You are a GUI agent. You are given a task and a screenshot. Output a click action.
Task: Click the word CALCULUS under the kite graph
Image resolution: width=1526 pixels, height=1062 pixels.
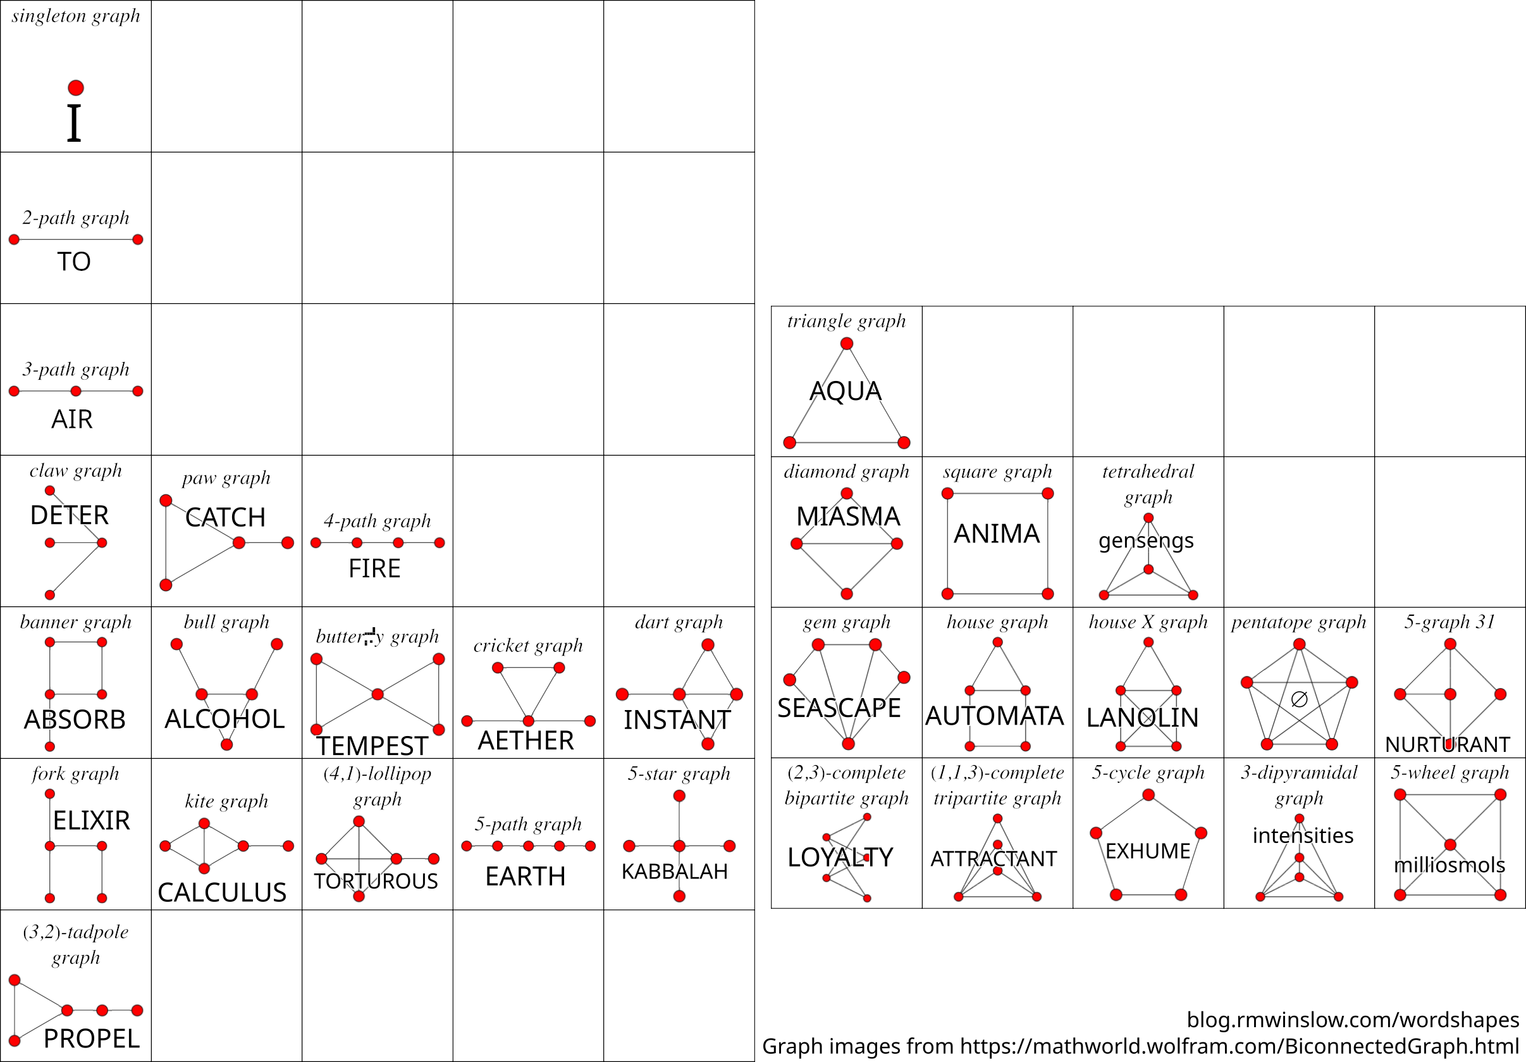point(222,892)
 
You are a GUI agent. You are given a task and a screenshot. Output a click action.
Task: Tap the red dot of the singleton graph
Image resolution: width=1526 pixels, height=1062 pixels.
point(76,88)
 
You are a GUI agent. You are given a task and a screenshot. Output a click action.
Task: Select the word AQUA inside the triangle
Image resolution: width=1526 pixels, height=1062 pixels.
point(846,391)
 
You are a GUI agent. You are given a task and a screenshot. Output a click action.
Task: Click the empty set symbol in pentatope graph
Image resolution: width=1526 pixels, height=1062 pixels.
point(1299,699)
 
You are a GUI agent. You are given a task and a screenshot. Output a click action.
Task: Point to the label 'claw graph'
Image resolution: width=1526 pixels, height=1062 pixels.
point(76,471)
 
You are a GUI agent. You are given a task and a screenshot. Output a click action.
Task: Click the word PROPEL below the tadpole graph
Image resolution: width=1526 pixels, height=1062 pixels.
point(92,1039)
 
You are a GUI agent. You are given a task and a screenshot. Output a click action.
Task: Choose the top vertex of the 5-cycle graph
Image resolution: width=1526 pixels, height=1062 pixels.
point(1148,795)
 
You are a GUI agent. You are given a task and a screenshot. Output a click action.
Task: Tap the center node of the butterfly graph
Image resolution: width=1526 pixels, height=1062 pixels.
point(378,694)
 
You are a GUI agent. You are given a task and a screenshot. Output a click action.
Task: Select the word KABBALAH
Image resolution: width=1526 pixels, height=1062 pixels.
point(675,871)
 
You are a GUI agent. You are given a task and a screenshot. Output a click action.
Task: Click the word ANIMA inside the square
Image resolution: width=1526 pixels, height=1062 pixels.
point(996,534)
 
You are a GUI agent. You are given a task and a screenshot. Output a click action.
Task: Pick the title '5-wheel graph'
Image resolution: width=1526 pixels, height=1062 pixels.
point(1449,772)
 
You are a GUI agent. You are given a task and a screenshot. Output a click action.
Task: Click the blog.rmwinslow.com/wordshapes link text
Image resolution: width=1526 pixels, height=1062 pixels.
point(1353,1020)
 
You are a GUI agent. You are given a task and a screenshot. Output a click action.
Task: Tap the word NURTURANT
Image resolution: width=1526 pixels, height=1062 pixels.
point(1448,745)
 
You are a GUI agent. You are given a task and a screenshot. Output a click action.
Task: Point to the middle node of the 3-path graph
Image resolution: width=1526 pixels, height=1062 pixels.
point(76,391)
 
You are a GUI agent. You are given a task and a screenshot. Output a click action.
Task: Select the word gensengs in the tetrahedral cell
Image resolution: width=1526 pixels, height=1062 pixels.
point(1146,540)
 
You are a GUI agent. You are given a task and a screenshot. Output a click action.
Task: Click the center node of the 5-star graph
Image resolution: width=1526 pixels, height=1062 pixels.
point(679,846)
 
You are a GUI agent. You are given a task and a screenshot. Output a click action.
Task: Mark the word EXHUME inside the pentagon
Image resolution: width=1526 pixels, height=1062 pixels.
point(1148,851)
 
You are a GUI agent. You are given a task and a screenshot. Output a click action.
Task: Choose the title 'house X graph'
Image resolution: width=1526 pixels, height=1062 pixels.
point(1148,622)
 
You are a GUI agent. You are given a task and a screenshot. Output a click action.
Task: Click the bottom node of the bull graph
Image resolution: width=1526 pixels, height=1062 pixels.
point(226,744)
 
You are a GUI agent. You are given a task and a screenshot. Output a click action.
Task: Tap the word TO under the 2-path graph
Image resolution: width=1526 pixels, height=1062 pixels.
point(74,261)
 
